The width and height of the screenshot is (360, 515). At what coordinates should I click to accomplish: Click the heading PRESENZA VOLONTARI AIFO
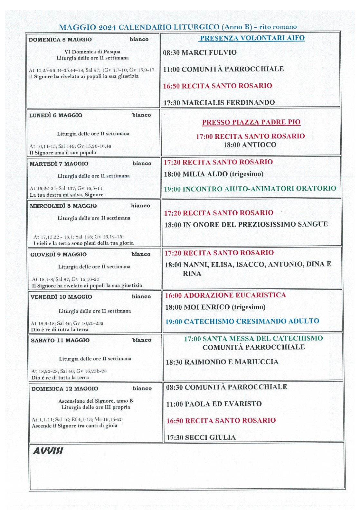coord(252,38)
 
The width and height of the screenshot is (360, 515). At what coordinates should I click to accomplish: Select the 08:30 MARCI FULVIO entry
coord(200,52)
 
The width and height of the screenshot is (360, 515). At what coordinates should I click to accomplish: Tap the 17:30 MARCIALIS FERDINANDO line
coord(219,103)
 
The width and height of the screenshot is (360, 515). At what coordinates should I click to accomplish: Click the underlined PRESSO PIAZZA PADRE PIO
coord(251,122)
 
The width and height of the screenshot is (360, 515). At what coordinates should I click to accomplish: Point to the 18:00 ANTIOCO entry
coord(250,145)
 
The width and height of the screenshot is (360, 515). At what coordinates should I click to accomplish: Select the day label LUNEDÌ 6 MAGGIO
coord(56,115)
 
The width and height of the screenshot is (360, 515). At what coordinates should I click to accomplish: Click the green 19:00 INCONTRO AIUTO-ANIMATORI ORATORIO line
coord(250,189)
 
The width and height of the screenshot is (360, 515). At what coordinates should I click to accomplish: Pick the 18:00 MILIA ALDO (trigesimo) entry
coord(213,174)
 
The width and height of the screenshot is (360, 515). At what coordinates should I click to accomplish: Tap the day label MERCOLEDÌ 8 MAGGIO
coord(63,206)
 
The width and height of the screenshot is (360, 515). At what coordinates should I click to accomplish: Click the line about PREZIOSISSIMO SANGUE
coord(246,224)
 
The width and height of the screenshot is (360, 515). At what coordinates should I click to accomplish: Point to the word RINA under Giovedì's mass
coord(192,274)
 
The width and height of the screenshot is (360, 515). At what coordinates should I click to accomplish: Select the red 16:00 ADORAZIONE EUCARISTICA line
coord(225,295)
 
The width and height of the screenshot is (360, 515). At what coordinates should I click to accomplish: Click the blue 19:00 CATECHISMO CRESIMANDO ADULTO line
coord(242,321)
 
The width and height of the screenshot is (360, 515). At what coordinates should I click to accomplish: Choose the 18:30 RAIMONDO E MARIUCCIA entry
coord(222,362)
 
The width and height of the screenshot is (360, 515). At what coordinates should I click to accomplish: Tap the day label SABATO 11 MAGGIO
coord(60,340)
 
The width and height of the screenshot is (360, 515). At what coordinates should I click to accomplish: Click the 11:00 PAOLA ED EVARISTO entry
coord(214,404)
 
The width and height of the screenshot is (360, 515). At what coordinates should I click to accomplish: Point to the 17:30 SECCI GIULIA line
coord(201,437)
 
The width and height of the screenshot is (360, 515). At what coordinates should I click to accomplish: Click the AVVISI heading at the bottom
coord(48,451)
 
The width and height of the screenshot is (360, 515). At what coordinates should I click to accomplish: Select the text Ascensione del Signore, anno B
coord(95,401)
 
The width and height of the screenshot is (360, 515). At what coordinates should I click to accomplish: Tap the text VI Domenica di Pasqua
coord(92,51)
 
